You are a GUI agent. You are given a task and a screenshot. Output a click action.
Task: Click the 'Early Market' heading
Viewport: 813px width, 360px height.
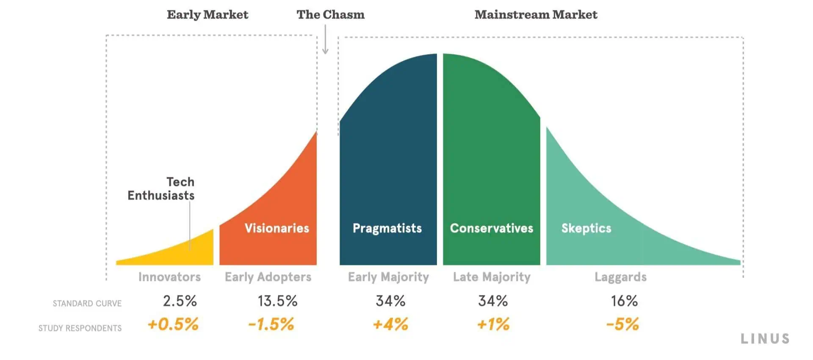tap(207, 14)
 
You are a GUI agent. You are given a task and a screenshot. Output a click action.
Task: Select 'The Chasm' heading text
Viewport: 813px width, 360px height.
tap(330, 14)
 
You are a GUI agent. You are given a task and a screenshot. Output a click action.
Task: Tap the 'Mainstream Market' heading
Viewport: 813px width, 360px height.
tap(536, 14)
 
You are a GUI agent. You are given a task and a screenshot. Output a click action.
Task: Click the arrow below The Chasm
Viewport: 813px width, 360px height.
tap(325, 39)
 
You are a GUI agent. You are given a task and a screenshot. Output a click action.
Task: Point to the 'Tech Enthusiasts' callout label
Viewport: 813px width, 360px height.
tap(161, 188)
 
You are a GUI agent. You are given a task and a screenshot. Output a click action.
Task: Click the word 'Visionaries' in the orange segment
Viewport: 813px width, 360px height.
tap(277, 228)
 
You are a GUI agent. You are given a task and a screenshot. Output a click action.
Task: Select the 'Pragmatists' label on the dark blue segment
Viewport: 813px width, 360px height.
tap(387, 228)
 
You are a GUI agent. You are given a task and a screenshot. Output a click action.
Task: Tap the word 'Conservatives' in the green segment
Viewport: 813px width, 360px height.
tap(492, 228)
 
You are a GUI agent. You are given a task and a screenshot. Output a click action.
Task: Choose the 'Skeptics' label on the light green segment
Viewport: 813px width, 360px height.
tap(586, 228)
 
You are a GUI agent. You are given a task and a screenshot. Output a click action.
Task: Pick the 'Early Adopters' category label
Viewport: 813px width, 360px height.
tap(268, 277)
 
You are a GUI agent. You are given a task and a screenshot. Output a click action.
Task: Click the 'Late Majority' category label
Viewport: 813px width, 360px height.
tap(492, 277)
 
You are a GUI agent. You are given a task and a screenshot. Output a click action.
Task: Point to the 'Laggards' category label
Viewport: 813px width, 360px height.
tap(621, 277)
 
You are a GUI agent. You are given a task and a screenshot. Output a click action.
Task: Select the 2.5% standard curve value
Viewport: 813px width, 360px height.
tap(180, 301)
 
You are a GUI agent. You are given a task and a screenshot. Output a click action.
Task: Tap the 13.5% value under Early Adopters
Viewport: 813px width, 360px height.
tap(278, 301)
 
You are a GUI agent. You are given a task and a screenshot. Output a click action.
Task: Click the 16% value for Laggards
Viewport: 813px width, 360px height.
tap(624, 301)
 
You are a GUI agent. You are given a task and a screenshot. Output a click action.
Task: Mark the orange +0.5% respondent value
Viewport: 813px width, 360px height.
tap(173, 324)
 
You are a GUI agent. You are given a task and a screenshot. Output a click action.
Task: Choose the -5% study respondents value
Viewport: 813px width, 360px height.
tap(622, 324)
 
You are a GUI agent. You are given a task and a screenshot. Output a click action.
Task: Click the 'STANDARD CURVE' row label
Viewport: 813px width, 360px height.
tap(87, 304)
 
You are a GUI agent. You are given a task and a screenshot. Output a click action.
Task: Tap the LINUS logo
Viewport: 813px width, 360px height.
tap(765, 339)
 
